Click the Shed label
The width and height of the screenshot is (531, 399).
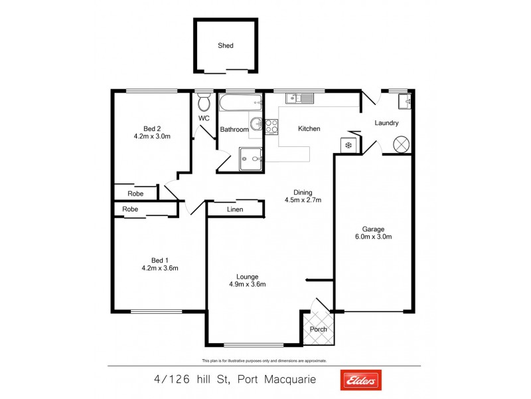(226, 46)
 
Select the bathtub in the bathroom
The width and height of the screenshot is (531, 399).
(240, 104)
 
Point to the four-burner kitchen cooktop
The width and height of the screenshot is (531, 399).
(271, 126)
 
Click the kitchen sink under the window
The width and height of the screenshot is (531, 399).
(299, 99)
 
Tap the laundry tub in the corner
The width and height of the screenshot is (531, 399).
(404, 101)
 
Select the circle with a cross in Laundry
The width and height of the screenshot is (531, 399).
(402, 144)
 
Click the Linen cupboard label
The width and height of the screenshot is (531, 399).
(234, 210)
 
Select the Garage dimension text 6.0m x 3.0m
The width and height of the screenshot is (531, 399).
(372, 236)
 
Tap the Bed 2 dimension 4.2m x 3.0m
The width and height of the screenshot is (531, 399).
(152, 137)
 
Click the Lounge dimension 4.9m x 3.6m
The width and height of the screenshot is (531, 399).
(246, 285)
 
